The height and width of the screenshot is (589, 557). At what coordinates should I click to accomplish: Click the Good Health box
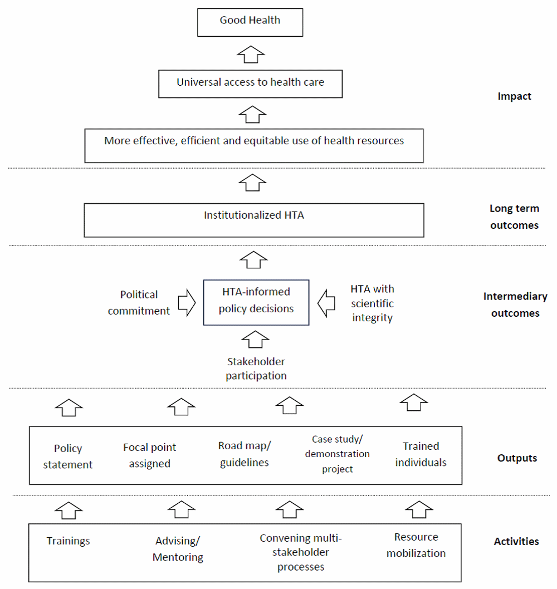point(250,22)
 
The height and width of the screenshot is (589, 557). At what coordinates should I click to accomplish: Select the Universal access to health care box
point(250,84)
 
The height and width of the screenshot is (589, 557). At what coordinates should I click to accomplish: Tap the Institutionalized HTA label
point(253,215)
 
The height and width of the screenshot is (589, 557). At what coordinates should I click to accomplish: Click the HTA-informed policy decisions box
point(256,302)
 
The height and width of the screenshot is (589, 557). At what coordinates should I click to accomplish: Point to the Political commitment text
point(139,303)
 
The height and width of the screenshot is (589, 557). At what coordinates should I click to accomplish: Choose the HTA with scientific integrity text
point(372,303)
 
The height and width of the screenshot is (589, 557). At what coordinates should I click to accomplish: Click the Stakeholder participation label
point(256,369)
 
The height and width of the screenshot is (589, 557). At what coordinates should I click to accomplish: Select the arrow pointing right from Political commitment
point(187,302)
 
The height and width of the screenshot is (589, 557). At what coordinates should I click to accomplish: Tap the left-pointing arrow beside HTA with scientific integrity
point(326,303)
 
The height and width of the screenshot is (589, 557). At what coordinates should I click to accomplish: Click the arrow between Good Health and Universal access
point(251,55)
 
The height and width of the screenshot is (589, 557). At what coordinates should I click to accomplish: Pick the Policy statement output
point(67,457)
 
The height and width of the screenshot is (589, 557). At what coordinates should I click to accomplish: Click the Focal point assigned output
point(150,455)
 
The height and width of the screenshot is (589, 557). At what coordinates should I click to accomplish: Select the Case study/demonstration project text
point(337,454)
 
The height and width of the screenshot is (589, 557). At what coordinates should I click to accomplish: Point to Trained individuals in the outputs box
point(421,454)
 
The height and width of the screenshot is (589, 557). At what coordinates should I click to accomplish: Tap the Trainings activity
point(68,541)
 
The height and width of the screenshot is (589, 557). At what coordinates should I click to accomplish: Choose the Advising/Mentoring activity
point(178,549)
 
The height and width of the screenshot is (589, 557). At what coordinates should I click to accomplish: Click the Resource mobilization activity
point(416,545)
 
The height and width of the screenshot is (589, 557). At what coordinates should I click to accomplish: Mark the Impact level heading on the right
point(514,96)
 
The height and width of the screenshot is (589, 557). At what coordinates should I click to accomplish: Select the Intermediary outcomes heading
point(515,305)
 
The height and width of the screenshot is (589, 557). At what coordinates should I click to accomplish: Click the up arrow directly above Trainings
point(69,511)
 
